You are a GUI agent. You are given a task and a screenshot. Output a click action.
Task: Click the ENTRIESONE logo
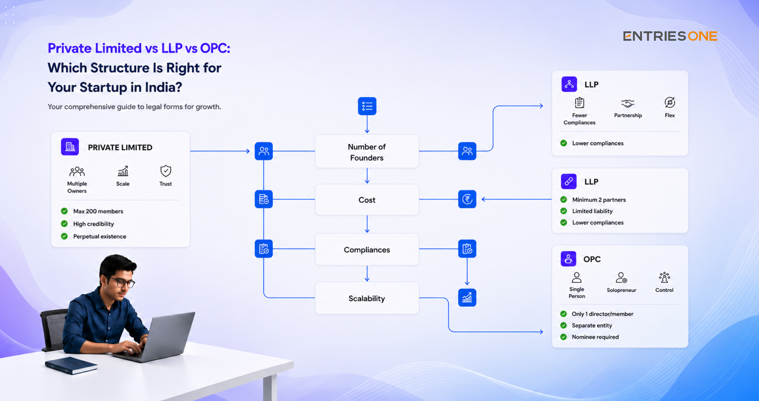tap(670, 36)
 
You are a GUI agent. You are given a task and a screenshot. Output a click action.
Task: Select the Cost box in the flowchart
tap(367, 200)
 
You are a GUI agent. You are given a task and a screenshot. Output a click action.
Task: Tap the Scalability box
tap(367, 298)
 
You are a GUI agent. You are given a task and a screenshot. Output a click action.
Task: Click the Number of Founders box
tap(367, 152)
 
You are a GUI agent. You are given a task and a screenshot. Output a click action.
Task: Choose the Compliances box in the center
tap(367, 249)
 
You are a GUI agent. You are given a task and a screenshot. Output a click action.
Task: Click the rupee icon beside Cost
tap(467, 199)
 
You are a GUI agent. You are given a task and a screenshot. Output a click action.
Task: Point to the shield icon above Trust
tap(166, 171)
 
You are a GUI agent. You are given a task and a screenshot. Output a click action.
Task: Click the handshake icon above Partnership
tap(628, 103)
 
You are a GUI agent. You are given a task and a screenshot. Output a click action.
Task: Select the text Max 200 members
tap(98, 211)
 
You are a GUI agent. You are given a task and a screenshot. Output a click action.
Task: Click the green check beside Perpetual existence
tap(64, 236)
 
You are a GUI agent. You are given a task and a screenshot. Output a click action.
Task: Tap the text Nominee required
tap(595, 337)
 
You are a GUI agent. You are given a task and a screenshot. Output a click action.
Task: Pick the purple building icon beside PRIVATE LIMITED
tap(70, 147)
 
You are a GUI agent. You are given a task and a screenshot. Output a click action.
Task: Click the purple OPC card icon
tap(568, 259)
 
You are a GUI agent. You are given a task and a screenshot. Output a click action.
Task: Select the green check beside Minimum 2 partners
tap(564, 199)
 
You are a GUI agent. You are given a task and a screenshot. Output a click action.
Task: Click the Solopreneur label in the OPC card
tap(621, 290)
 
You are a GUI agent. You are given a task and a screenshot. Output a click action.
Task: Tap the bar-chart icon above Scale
tap(123, 171)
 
